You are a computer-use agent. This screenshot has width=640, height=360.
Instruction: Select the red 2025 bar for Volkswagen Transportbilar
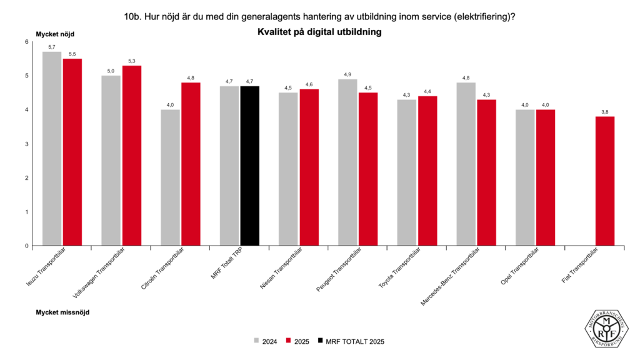pyautogui.click(x=132, y=156)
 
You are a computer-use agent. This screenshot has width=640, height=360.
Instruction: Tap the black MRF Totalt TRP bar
pyautogui.click(x=249, y=166)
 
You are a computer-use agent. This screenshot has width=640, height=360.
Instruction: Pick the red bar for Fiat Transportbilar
pyautogui.click(x=605, y=181)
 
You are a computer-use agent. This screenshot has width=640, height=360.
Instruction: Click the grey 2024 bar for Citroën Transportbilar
pyautogui.click(x=170, y=177)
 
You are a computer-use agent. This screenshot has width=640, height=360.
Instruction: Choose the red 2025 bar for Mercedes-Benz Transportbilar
pyautogui.click(x=486, y=172)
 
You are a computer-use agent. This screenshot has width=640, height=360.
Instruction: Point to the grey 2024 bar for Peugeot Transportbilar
pyautogui.click(x=347, y=162)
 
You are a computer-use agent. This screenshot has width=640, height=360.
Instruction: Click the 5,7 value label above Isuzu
pyautogui.click(x=52, y=47)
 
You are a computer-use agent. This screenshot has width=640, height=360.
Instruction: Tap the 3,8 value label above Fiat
pyautogui.click(x=605, y=112)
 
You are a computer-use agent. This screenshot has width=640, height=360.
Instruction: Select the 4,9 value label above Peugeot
pyautogui.click(x=347, y=74)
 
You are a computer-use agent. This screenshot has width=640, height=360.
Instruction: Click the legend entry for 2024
pyautogui.click(x=265, y=341)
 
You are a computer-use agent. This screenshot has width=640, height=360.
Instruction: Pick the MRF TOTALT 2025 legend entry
pyautogui.click(x=350, y=341)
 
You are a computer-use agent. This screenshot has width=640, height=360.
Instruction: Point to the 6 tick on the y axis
pyautogui.click(x=27, y=42)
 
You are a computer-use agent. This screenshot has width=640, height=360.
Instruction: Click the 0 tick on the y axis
pyautogui.click(x=27, y=246)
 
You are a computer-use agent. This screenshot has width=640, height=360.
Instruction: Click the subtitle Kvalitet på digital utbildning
pyautogui.click(x=319, y=31)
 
